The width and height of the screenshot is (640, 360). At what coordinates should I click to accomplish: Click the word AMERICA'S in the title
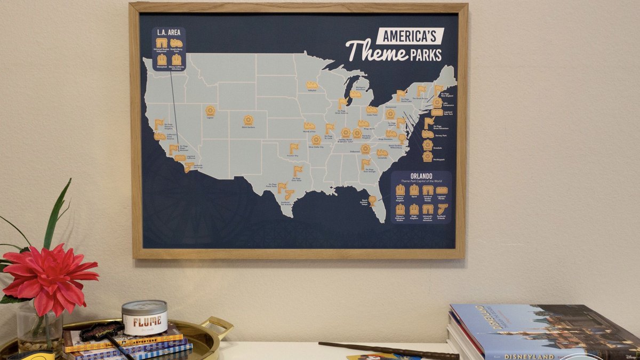coord(410,36)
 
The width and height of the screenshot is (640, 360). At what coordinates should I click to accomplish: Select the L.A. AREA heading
coord(168,33)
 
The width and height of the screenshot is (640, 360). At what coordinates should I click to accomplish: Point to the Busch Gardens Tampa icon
coord(372,200)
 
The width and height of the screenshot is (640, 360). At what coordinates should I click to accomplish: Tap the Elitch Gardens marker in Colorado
coord(248,120)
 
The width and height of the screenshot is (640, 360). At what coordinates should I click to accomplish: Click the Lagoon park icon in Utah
coord(211,110)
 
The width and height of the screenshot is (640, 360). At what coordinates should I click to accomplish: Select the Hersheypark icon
coord(428,156)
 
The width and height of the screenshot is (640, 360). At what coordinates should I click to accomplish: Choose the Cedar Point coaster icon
coord(372,109)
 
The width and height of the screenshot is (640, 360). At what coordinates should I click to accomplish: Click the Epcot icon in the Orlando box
coord(414,190)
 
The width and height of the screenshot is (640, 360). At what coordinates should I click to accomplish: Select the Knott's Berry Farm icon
coord(176,43)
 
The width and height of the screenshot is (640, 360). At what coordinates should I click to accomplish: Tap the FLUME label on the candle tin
coord(144,322)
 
